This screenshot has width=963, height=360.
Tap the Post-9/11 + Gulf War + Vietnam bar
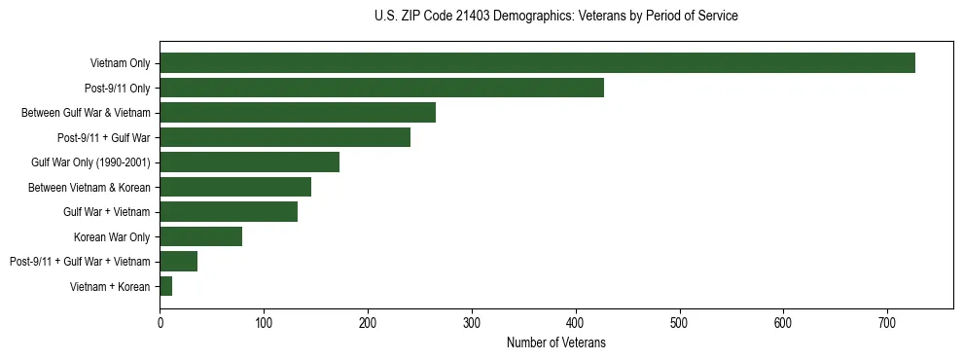[178, 261]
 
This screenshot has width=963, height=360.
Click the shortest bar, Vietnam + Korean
[165, 286]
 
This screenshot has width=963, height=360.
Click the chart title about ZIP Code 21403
[555, 17]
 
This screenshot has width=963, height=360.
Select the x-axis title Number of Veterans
[555, 342]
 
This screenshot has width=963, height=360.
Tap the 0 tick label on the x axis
[160, 322]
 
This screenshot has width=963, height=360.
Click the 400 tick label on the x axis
[575, 322]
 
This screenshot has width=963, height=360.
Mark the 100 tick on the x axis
[264, 322]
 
